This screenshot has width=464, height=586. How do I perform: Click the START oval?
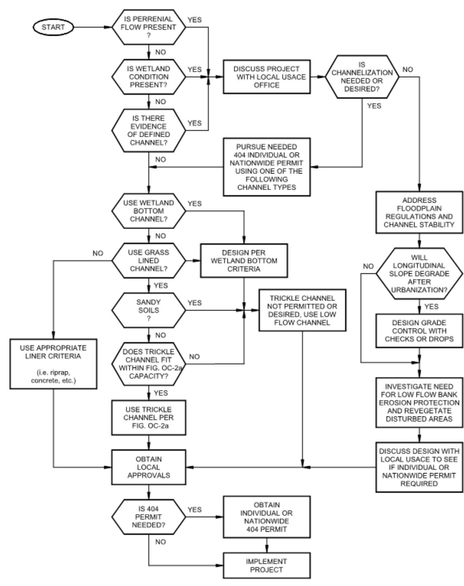[x=53, y=27]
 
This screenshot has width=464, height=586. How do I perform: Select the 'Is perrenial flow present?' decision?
[x=149, y=27]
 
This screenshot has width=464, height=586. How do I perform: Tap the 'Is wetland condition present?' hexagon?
[x=149, y=77]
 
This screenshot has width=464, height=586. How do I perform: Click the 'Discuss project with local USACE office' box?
[x=267, y=77]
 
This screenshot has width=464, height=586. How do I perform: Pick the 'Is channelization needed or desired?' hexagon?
[x=362, y=77]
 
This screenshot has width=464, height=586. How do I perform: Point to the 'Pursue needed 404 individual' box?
[x=267, y=167]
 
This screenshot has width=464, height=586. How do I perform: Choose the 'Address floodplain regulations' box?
[x=419, y=212]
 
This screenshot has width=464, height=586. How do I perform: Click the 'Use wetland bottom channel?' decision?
[x=149, y=211]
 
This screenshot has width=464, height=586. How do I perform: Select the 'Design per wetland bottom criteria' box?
[x=244, y=261]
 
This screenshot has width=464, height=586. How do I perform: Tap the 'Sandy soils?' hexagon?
[x=149, y=310]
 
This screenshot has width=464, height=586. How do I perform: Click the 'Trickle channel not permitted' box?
[x=302, y=310]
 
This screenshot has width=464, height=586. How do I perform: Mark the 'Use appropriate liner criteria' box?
[x=53, y=364]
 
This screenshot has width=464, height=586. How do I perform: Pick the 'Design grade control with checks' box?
[x=419, y=331]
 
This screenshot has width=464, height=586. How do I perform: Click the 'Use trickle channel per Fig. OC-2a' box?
[x=149, y=417]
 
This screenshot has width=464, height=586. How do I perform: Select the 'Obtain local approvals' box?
[x=149, y=467]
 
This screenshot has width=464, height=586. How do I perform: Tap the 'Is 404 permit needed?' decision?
[x=149, y=517]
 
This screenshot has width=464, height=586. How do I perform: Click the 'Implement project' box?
[x=267, y=566]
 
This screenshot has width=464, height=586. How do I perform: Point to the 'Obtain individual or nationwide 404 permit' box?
[x=267, y=517]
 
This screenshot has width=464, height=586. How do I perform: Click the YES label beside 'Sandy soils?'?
[x=195, y=303]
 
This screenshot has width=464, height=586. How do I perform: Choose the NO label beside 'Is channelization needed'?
[x=408, y=70]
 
